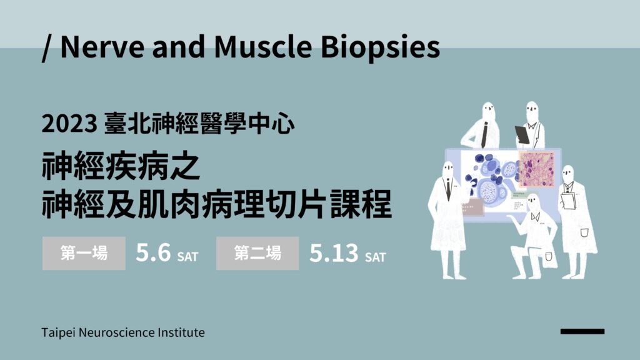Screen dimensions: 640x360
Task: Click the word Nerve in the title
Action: click(x=102, y=47)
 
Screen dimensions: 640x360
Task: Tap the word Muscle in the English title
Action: click(x=263, y=46)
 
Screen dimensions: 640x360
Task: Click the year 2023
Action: click(x=69, y=124)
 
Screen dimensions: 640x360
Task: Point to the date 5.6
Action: click(x=153, y=252)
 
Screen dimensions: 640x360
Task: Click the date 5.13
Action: click(x=334, y=253)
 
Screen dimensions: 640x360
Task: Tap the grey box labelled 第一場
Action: click(x=84, y=253)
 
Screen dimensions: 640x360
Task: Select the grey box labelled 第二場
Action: click(x=257, y=253)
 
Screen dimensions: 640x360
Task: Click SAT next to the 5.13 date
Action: click(x=376, y=257)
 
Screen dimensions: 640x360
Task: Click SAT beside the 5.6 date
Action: click(x=187, y=257)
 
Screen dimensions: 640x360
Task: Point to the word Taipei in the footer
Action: click(x=58, y=332)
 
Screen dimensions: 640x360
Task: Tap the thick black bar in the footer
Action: click(x=582, y=331)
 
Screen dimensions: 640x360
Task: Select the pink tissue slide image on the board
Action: click(x=537, y=169)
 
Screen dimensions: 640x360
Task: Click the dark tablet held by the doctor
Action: click(x=522, y=135)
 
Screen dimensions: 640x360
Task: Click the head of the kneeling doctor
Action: click(x=532, y=202)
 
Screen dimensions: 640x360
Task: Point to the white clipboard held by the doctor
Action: click(x=567, y=201)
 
